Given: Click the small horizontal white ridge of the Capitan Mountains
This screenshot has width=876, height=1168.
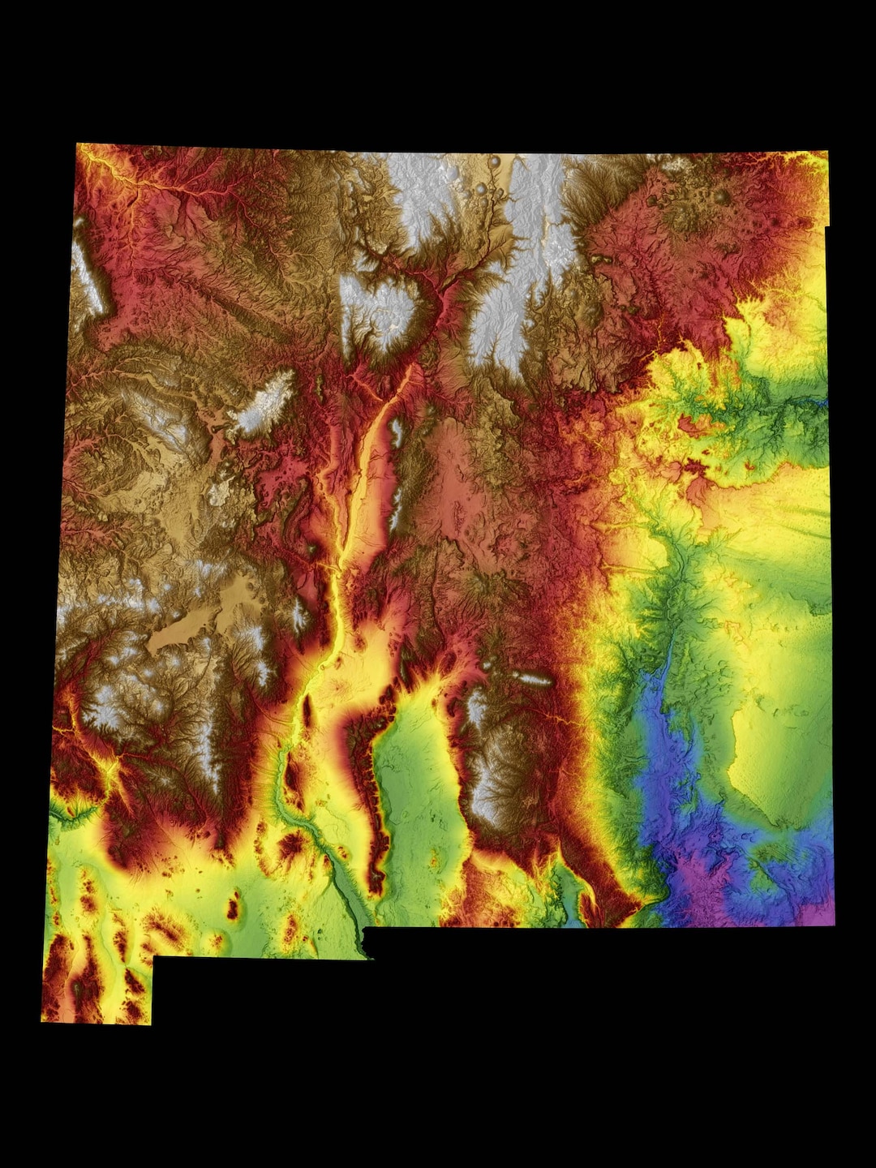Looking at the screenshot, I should click(531, 679).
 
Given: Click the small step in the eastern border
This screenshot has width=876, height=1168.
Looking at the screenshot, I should click(827, 225).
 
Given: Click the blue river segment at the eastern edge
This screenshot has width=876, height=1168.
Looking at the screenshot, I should click(819, 402).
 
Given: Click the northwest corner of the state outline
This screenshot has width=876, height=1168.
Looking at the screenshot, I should click(77, 144).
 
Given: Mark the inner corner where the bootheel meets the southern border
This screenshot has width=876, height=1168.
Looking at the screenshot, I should click(153, 957).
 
